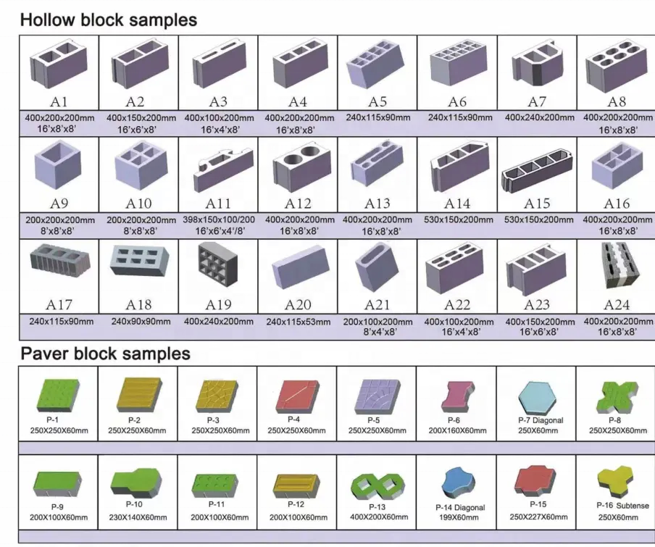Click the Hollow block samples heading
coord(108,20)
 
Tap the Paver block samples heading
coord(105,354)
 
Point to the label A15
coord(537,204)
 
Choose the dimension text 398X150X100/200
coord(218,220)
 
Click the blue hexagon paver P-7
coord(539,397)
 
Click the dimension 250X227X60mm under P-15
coord(537,517)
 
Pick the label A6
coord(456,102)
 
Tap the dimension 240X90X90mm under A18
coord(141,321)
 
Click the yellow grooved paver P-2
coord(138,396)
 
